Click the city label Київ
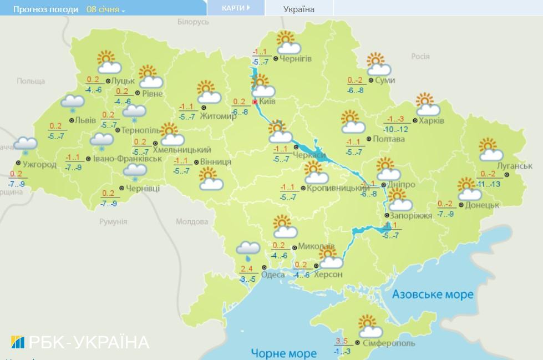[267, 102]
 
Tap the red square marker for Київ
[255, 102]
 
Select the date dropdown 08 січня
[106, 9]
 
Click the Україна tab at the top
[298, 9]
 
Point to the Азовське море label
[433, 294]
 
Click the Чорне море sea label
[283, 353]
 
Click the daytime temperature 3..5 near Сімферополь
[342, 341]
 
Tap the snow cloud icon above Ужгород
[25, 145]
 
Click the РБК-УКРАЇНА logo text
[80, 342]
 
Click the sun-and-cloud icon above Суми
[379, 64]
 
